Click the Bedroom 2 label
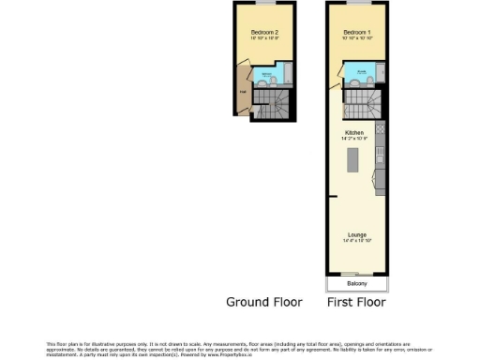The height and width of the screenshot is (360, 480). pyautogui.click(x=264, y=33)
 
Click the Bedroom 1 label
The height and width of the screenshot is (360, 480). pyautogui.click(x=357, y=33)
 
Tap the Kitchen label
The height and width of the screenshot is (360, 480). pyautogui.click(x=354, y=133)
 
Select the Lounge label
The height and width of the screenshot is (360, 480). pyautogui.click(x=356, y=234)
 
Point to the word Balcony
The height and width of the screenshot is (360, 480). pyautogui.click(x=356, y=283)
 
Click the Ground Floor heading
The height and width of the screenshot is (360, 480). pyautogui.click(x=264, y=303)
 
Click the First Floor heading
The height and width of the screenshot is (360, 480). pyautogui.click(x=356, y=303)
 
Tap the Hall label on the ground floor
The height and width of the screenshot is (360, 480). pyautogui.click(x=243, y=92)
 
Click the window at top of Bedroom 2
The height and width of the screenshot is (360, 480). pyautogui.click(x=264, y=4)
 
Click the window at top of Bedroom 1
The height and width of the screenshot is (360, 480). pyautogui.click(x=357, y=4)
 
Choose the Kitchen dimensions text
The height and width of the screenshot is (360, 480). pyautogui.click(x=354, y=140)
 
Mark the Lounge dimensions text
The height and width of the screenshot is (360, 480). pyautogui.click(x=356, y=241)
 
